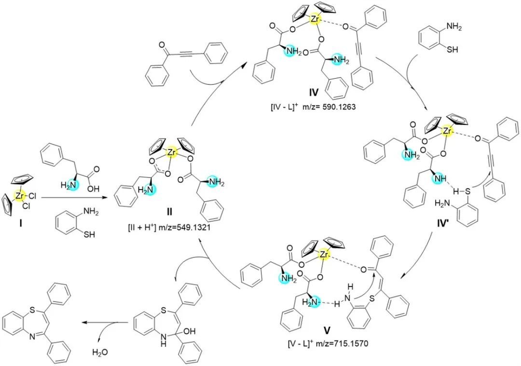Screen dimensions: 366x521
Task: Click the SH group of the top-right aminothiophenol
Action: [452, 50]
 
